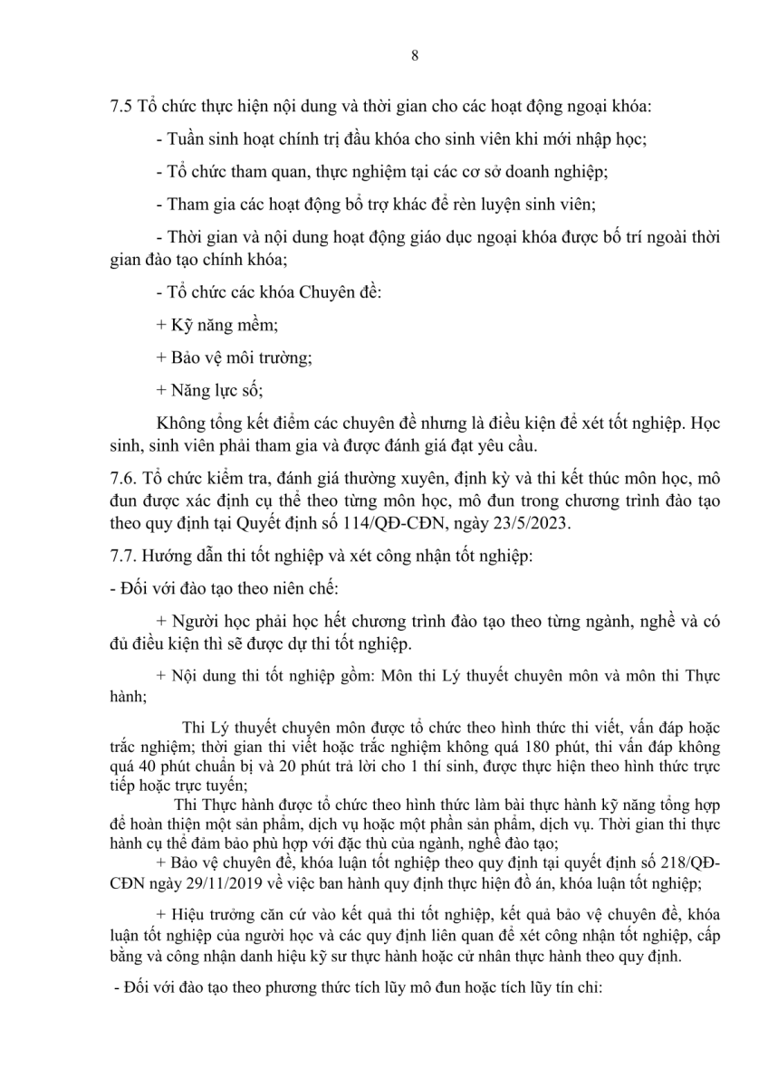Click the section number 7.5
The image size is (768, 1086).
point(120,108)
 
